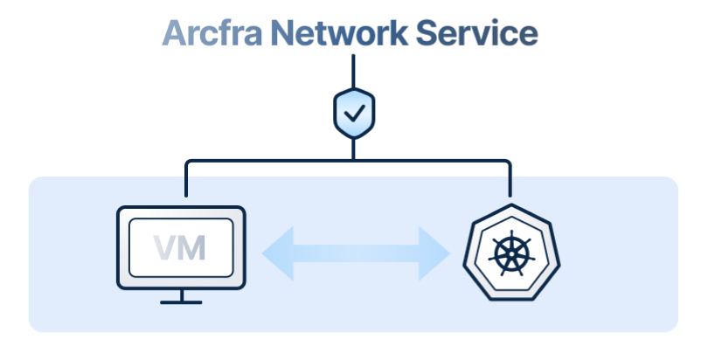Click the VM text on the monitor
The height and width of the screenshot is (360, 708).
point(180,247)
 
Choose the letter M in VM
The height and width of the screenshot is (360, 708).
point(192,247)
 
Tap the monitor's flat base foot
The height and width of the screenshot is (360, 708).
point(181,301)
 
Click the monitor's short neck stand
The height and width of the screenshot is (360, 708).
point(181,294)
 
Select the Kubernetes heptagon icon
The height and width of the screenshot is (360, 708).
point(510,253)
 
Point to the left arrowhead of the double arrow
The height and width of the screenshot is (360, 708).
point(273,253)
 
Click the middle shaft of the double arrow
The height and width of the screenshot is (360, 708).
point(354,253)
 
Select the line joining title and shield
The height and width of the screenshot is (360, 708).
point(354,69)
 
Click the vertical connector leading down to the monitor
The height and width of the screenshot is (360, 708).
point(186,178)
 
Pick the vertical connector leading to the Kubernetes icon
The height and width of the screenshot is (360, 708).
point(510,178)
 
